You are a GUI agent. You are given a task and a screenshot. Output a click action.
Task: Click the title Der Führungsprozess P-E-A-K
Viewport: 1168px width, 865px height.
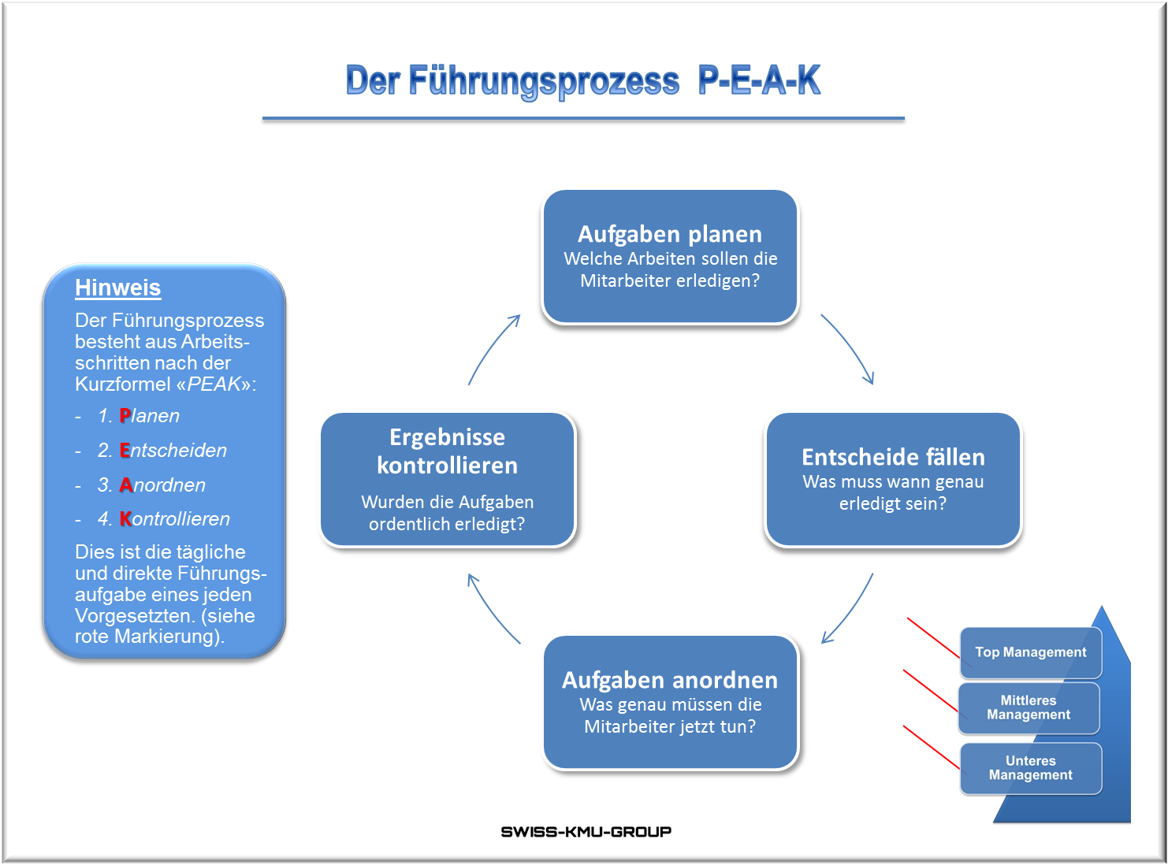point(583,80)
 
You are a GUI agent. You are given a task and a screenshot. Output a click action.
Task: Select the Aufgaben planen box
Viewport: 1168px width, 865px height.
point(670,257)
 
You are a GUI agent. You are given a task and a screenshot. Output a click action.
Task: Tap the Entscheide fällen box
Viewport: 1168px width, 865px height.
point(893,479)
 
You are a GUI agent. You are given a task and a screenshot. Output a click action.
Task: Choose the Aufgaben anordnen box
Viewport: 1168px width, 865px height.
point(670,702)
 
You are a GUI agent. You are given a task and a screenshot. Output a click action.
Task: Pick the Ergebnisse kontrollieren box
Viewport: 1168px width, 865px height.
point(448,479)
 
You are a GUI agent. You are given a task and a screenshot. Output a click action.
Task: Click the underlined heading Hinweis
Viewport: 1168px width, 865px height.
point(118,288)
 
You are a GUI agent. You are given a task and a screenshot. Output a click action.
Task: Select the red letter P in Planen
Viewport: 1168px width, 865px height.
point(125,416)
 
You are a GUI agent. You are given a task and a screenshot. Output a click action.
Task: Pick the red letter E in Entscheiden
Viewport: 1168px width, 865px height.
point(125,451)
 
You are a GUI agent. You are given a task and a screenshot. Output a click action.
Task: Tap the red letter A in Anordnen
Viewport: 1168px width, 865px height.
point(126,485)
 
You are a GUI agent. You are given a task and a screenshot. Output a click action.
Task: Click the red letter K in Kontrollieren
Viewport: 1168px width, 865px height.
point(126,519)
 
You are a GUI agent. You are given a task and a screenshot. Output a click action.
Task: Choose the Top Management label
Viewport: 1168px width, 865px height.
point(1030,652)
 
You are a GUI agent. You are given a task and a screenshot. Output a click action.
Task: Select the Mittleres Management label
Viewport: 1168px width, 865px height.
point(1029,707)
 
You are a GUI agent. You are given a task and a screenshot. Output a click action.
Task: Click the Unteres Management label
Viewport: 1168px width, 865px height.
point(1030,768)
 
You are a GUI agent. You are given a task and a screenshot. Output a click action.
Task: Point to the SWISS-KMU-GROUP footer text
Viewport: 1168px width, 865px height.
point(586,832)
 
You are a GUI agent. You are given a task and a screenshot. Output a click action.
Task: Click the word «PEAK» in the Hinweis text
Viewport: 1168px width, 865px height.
point(214,384)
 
